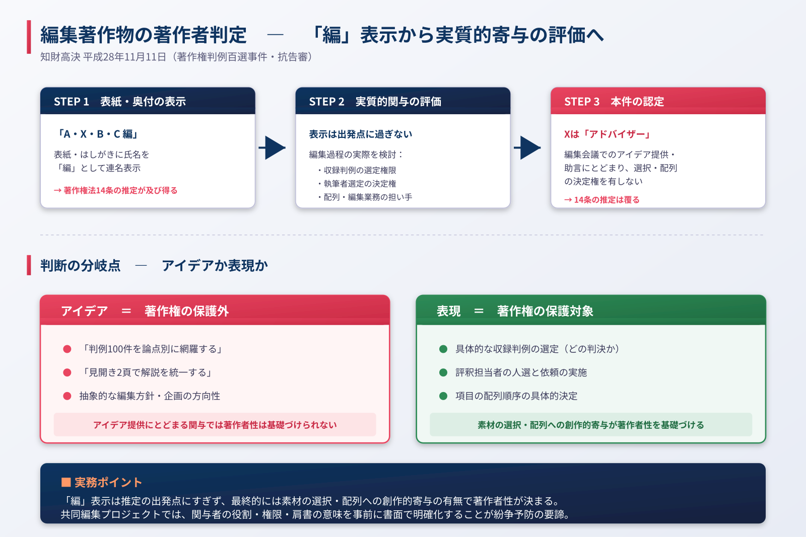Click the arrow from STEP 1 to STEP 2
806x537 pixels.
coord(273,147)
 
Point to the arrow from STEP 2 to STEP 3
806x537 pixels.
coord(528,147)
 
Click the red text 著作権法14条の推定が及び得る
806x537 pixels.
coord(116,190)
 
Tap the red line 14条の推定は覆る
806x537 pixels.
coord(602,200)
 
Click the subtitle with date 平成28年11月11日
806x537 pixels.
coord(177,57)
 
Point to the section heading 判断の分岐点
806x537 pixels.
coord(81,265)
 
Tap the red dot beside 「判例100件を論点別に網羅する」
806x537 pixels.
coord(67,349)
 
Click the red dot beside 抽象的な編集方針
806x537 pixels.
coord(67,396)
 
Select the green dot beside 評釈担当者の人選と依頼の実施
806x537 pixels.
coord(443,372)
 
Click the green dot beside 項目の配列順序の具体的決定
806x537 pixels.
coord(443,396)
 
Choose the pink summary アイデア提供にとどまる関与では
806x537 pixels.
coord(215,425)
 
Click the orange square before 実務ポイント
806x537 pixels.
coord(65,482)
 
